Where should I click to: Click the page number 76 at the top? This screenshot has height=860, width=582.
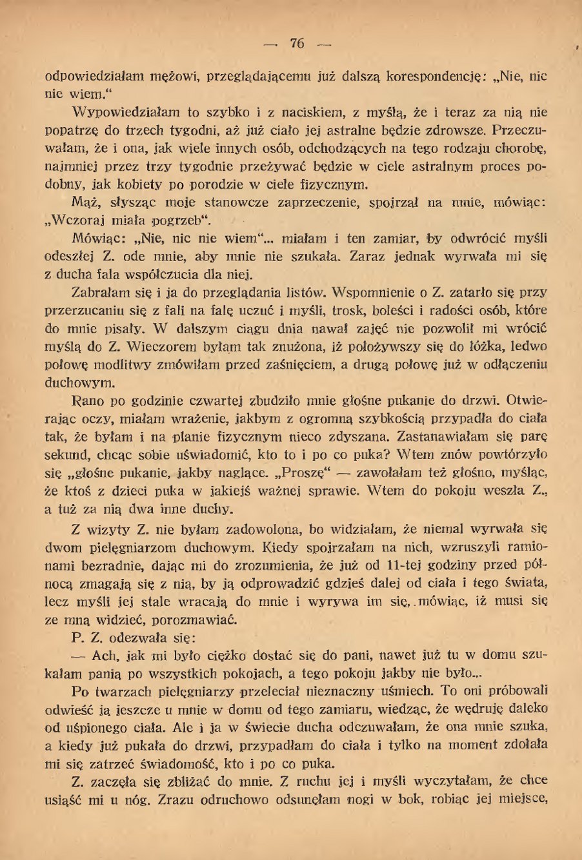[297, 43]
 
